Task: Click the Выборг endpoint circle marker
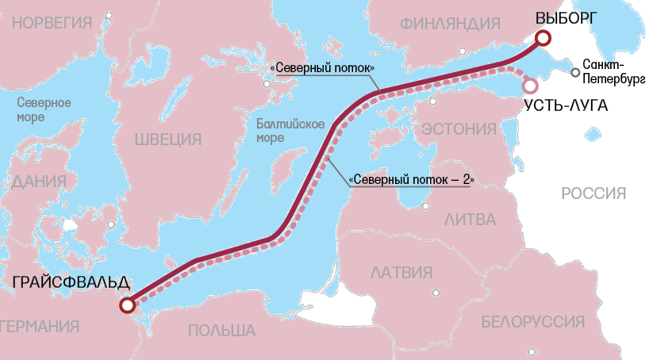point(543,38)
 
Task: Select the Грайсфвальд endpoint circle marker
point(125,305)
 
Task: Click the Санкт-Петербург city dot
point(575,73)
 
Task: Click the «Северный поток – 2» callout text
point(412,181)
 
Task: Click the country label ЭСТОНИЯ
point(458,128)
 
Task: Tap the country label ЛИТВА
point(470,219)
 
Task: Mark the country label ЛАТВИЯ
point(401,273)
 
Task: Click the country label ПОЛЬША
point(221,331)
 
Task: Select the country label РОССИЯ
point(593,193)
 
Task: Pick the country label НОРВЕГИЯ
point(52,22)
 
